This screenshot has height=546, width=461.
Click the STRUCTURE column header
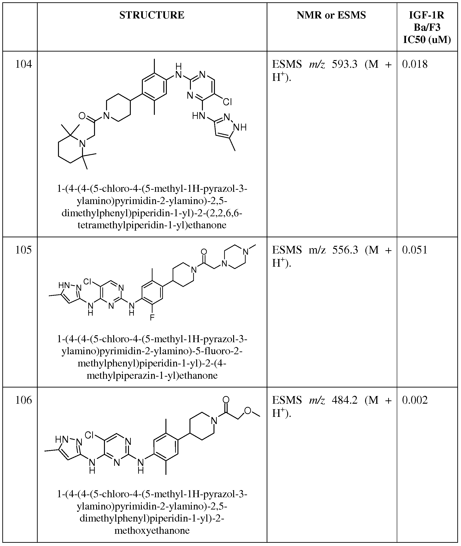point(152,15)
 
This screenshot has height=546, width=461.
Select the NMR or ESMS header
point(331,15)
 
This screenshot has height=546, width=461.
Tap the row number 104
point(24,64)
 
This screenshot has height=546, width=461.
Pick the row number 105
point(24,250)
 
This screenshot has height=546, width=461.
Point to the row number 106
point(24,400)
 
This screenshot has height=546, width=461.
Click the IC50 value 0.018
point(415,64)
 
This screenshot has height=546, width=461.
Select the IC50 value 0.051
point(415,250)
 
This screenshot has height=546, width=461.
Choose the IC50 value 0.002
point(415,400)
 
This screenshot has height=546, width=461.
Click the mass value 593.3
point(345,64)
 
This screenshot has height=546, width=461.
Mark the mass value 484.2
point(345,400)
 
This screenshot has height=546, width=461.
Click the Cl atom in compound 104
point(227,102)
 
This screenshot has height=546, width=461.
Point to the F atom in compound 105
point(152,317)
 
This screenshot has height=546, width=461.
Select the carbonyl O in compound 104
point(82,116)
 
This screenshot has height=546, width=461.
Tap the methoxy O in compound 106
point(247,411)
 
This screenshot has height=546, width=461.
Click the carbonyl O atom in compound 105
point(204,251)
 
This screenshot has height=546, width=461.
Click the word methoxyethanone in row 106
point(152,531)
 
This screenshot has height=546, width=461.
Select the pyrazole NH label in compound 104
point(240,127)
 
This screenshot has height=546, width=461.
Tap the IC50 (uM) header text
point(427,40)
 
